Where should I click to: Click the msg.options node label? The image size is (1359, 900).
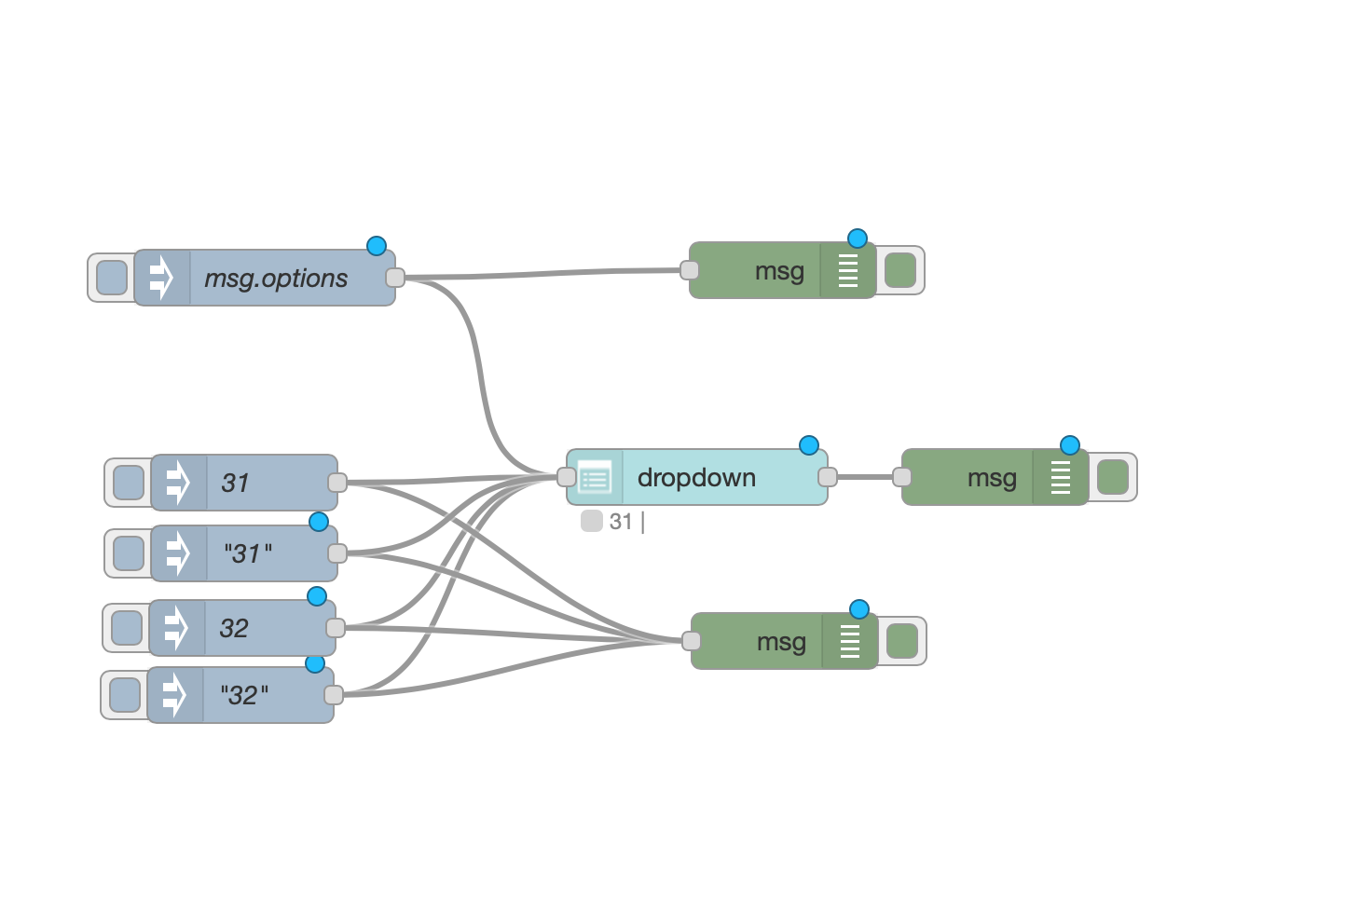click(276, 279)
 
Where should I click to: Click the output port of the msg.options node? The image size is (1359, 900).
click(395, 277)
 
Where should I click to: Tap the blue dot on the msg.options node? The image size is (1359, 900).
click(377, 246)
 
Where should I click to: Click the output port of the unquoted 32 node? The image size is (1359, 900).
click(336, 628)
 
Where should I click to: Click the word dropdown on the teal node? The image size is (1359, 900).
click(696, 478)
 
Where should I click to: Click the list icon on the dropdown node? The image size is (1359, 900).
click(595, 478)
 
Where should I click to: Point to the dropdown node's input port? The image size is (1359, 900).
click(566, 477)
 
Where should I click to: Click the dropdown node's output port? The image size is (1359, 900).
click(828, 477)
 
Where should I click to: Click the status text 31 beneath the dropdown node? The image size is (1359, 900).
click(621, 522)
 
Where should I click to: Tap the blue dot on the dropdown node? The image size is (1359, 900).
click(809, 445)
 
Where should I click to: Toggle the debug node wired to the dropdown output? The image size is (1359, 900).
click(1113, 477)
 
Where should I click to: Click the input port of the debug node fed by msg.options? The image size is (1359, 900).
click(690, 270)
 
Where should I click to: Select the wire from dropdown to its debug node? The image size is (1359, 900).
click(865, 477)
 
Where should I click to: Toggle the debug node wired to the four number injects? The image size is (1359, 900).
click(902, 641)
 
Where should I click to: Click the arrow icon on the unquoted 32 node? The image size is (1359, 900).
click(176, 628)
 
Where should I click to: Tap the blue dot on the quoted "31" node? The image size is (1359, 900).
click(319, 522)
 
